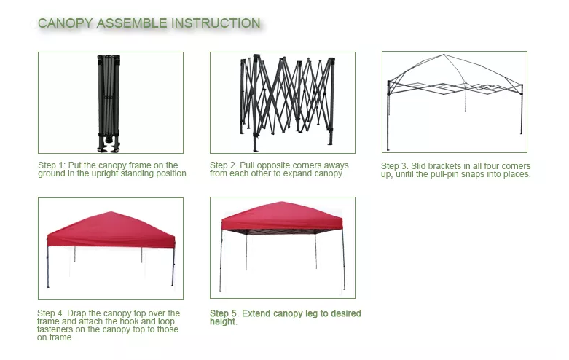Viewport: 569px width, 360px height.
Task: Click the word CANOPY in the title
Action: [x=66, y=23]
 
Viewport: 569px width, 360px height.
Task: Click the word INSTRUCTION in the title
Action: [x=216, y=23]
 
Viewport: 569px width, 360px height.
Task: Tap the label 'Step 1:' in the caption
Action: [x=52, y=165]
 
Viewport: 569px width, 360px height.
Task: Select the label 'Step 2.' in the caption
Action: [x=224, y=165]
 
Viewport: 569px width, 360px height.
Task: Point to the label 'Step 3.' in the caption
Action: [x=395, y=166]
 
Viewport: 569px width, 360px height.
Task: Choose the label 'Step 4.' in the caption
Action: [x=51, y=313]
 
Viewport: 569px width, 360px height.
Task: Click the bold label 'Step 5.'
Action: [x=224, y=313]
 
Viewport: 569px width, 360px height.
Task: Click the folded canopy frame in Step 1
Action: [x=109, y=103]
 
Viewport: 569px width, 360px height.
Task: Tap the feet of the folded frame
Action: [x=109, y=144]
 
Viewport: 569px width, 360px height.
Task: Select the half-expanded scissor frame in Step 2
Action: [x=287, y=102]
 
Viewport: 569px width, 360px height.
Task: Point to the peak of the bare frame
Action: [x=444, y=55]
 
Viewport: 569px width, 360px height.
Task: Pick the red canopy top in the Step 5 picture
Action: [x=282, y=216]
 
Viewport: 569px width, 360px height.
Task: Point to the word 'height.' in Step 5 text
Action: [x=224, y=321]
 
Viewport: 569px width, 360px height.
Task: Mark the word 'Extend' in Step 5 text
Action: [x=256, y=313]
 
